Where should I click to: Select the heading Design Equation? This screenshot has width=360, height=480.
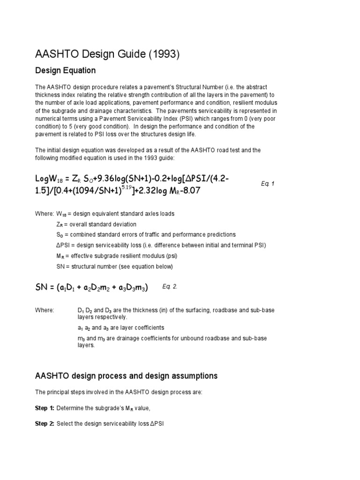tap(66, 71)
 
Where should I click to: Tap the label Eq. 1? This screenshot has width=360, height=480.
tap(268, 184)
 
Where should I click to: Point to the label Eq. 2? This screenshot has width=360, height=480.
tap(170, 286)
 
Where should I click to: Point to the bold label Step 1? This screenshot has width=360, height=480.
tap(45, 408)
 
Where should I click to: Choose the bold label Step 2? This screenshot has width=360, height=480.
tap(45, 424)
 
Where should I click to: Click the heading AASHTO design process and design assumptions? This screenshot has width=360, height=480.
tap(127, 376)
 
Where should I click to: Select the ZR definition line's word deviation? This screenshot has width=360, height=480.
tap(122, 224)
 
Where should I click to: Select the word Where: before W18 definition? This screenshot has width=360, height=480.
tap(45, 214)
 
